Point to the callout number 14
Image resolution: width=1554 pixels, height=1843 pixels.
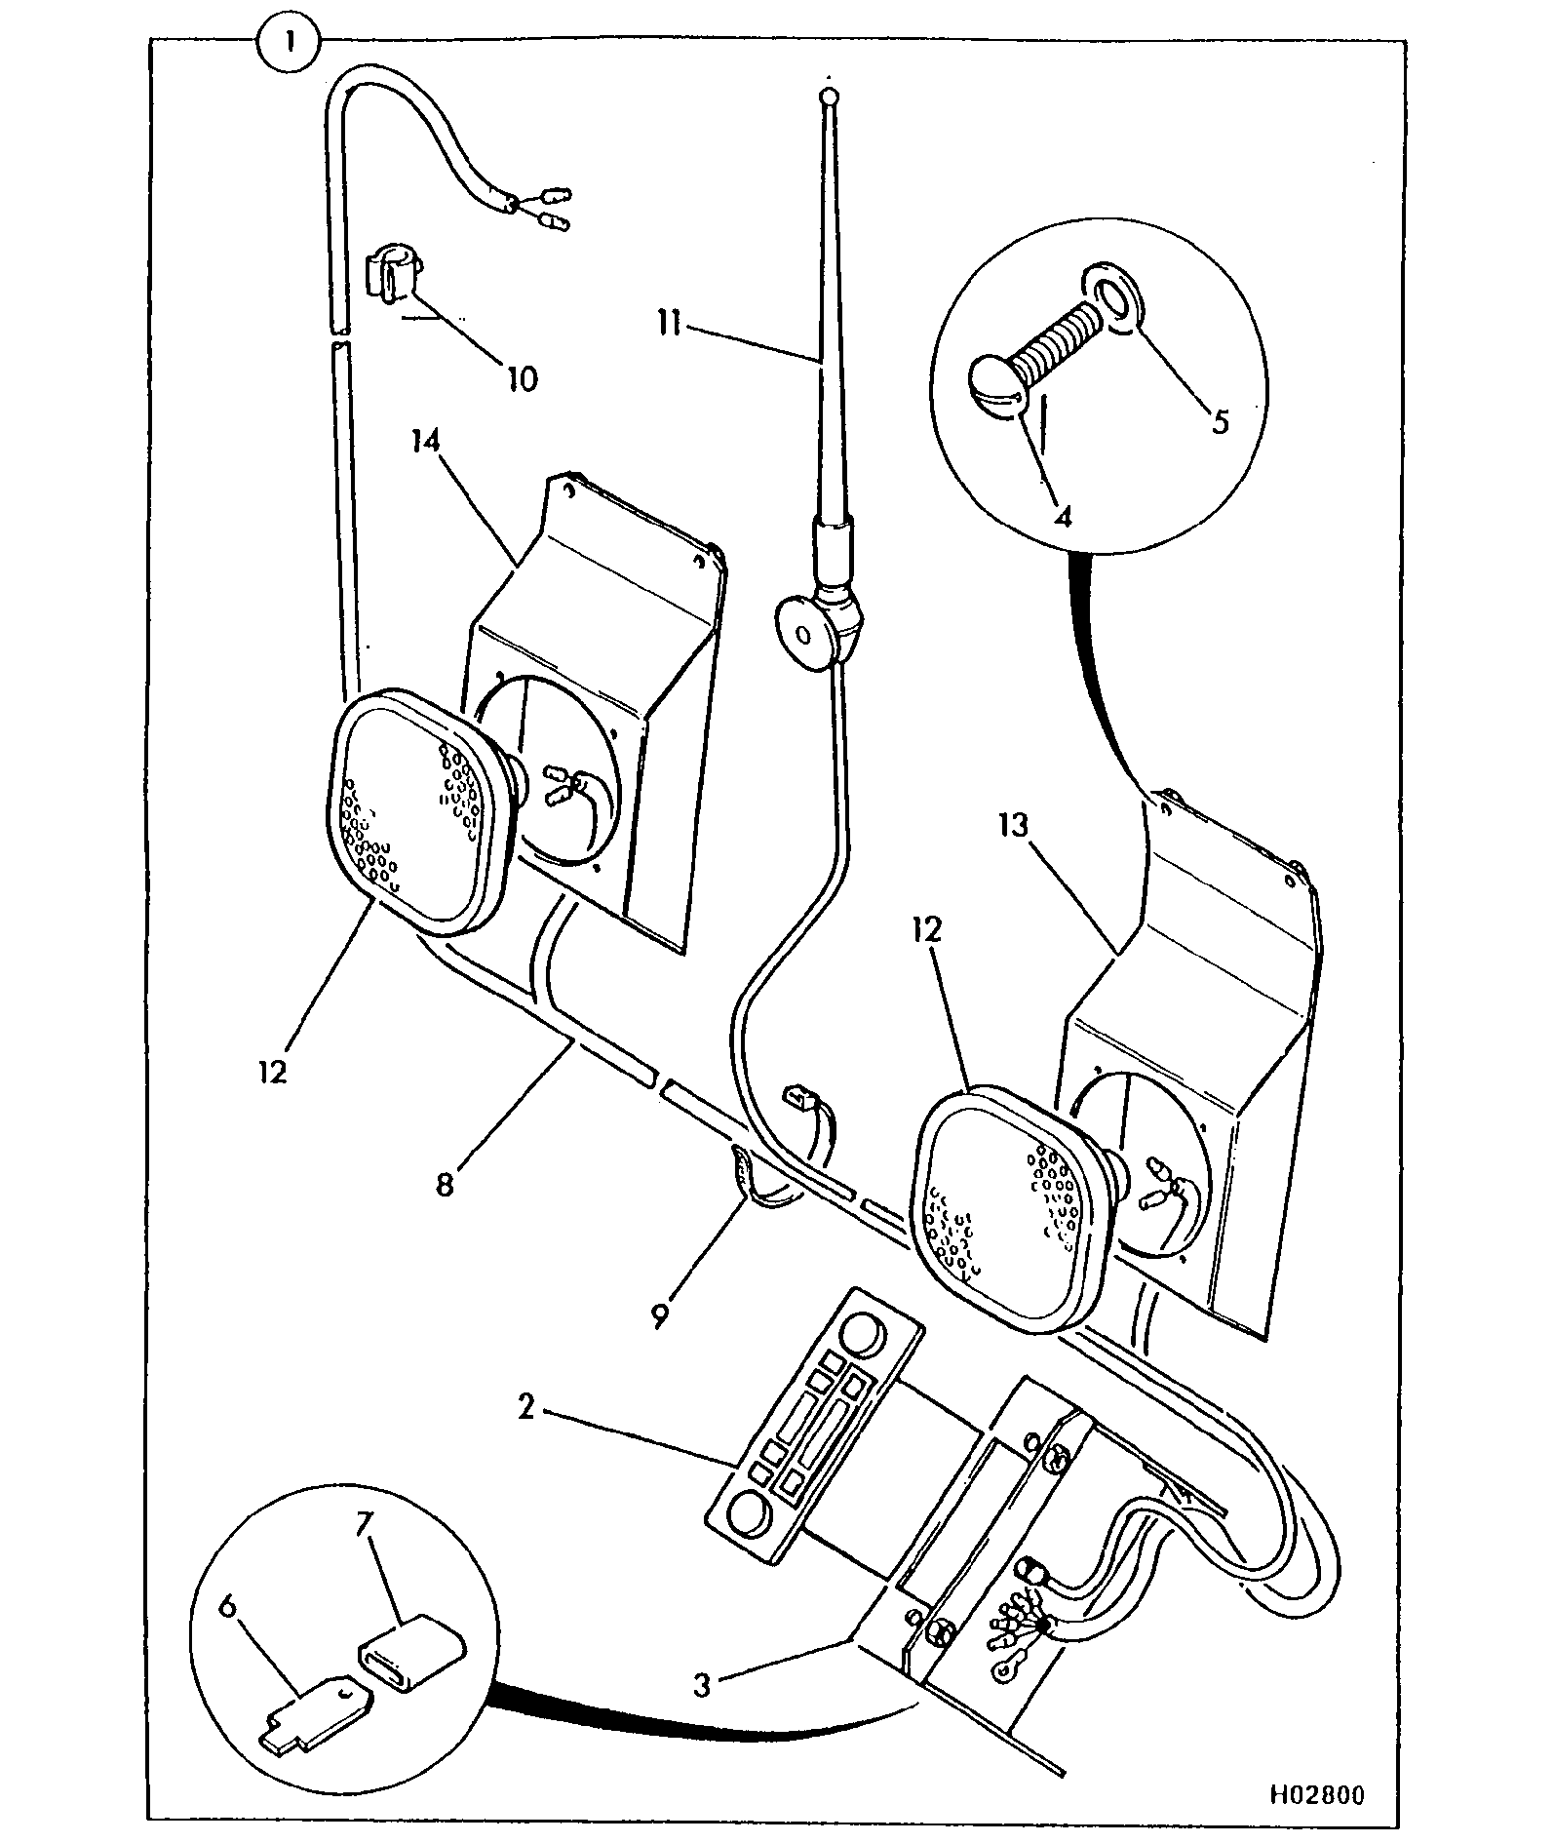425,443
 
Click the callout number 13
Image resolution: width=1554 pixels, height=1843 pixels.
1013,826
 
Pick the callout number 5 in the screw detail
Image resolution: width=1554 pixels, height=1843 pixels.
1220,421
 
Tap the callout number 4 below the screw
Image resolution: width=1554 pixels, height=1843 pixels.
1064,516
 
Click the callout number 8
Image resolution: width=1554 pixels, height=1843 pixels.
445,1185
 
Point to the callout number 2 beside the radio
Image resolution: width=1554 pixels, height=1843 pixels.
526,1407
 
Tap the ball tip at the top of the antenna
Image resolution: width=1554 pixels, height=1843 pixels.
828,98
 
